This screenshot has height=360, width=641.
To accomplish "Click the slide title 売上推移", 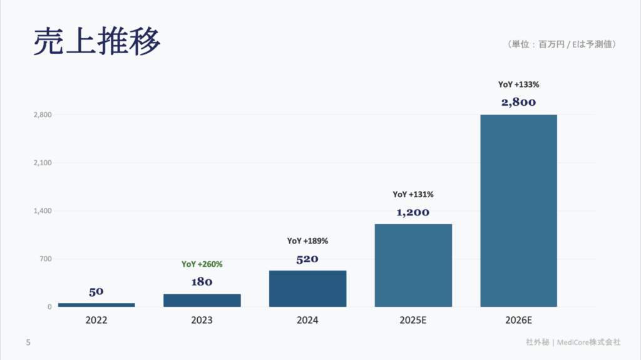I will tap(97, 42).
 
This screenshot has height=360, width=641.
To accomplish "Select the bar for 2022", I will tap(96, 305).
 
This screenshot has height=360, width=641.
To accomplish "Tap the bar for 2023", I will tap(202, 300).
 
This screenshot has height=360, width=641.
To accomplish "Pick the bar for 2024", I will tap(307, 289).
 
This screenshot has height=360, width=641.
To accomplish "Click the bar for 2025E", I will tap(413, 265).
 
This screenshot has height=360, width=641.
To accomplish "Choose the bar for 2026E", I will tap(518, 210).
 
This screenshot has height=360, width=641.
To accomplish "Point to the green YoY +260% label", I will tap(202, 264).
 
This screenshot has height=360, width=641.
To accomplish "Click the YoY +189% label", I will tap(307, 240).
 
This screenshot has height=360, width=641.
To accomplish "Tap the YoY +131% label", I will tap(413, 194).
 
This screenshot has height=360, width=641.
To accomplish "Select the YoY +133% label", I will tap(518, 85).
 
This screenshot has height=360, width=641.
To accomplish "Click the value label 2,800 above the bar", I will tap(518, 102).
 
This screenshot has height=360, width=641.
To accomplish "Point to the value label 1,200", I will tap(413, 212).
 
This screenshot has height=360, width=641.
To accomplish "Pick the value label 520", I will tap(307, 259).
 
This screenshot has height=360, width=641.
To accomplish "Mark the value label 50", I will tap(96, 291).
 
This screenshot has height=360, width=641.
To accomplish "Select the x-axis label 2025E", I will tap(413, 320).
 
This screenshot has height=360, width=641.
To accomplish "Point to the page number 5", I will tap(28, 342).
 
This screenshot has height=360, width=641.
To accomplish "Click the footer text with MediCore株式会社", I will tap(573, 342).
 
